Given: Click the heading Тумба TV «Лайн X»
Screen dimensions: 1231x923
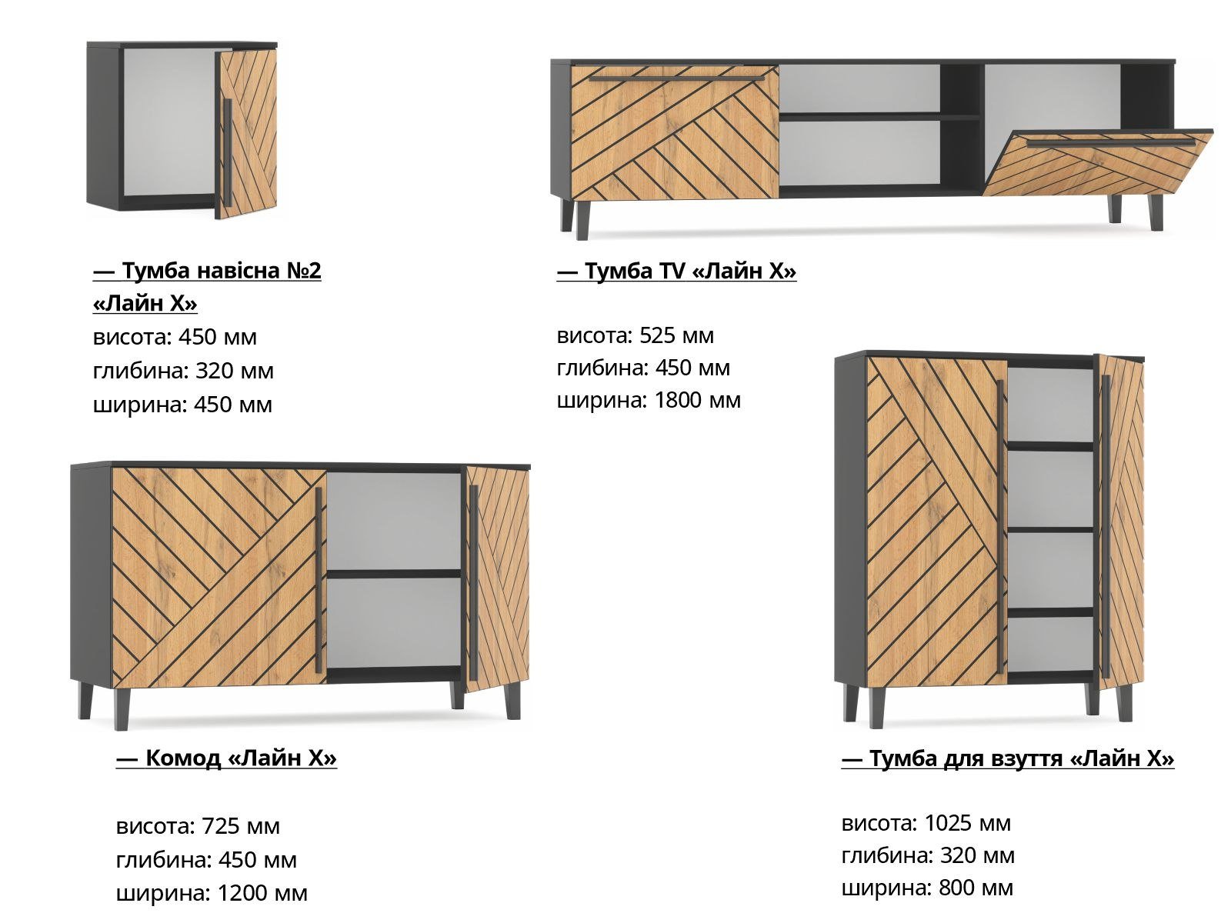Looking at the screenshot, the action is coord(676,272).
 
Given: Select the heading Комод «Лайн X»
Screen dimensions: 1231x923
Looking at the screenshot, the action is coord(226,758).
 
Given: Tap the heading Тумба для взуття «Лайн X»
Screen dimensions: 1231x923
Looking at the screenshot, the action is coord(1008,758).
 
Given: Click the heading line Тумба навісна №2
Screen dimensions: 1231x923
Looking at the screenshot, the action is coord(207,271).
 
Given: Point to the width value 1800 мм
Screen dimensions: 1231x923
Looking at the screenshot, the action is coord(698,400).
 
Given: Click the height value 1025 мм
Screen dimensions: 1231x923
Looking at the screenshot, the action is coord(967,823).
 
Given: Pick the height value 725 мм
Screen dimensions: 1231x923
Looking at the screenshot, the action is coord(241,825).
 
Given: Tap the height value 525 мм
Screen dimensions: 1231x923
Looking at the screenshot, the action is coord(676,335).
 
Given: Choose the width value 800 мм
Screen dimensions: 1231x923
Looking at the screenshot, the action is coord(976,888).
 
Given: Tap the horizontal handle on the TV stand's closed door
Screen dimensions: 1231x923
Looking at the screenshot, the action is coord(676,78).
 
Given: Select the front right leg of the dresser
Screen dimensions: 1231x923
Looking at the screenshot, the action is coord(512,701).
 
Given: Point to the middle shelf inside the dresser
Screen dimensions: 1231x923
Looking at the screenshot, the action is coord(394,574).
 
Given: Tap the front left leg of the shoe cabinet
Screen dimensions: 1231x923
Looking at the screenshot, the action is coord(876,707).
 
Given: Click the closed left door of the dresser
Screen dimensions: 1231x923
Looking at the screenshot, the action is coord(219,578).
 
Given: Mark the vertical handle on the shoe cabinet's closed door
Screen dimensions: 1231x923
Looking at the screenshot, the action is coord(999,527).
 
